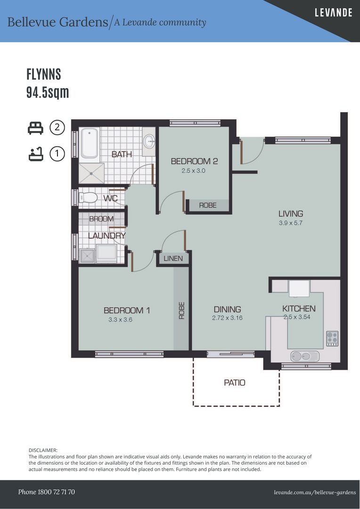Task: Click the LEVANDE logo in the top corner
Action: (334, 13)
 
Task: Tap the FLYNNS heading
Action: (44, 74)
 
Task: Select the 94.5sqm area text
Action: (48, 92)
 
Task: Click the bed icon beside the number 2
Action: (35, 128)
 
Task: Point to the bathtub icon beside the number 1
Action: (36, 154)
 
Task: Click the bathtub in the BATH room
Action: (89, 143)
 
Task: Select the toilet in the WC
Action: (88, 197)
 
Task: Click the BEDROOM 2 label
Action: (194, 161)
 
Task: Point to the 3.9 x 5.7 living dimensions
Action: (291, 223)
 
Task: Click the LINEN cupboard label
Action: (173, 259)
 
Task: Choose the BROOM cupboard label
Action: (101, 219)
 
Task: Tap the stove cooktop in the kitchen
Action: (332, 338)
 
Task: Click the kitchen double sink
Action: (305, 356)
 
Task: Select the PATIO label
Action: (234, 383)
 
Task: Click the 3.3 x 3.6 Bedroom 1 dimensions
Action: (120, 320)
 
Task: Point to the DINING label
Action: (227, 309)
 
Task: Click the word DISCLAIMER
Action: (43, 450)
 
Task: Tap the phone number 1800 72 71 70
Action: (56, 492)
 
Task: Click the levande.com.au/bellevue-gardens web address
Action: (315, 493)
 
